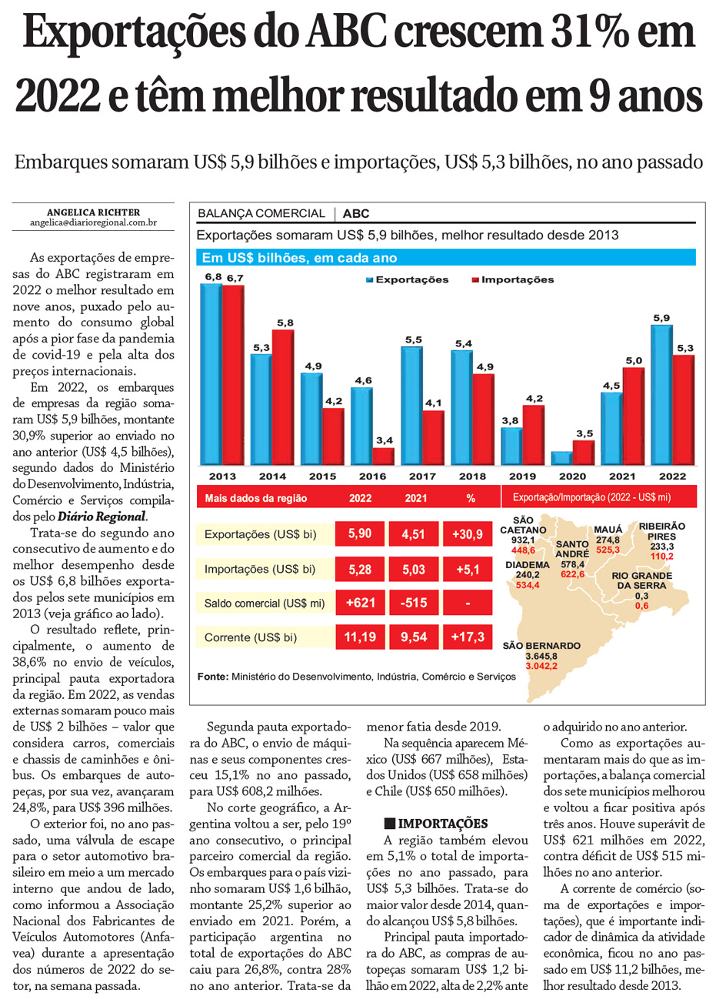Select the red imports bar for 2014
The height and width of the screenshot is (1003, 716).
click(283, 396)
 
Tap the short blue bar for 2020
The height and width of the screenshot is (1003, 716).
click(561, 458)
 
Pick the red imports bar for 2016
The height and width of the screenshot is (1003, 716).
click(383, 456)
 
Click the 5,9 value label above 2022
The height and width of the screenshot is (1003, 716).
click(661, 318)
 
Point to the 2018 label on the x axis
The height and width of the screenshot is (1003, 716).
click(472, 476)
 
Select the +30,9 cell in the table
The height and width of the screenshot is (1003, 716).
click(468, 534)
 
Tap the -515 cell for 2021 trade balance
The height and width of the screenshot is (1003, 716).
click(414, 603)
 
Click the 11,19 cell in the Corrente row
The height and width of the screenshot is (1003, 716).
click(360, 637)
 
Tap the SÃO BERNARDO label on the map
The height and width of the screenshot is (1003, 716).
click(541, 646)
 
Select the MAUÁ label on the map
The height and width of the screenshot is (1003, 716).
click(608, 530)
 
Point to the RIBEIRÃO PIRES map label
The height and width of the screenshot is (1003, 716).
click(661, 531)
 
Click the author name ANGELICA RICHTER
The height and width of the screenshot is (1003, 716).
click(93, 212)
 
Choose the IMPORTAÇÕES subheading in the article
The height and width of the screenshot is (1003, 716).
click(442, 824)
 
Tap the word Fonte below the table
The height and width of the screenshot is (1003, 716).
click(212, 677)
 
